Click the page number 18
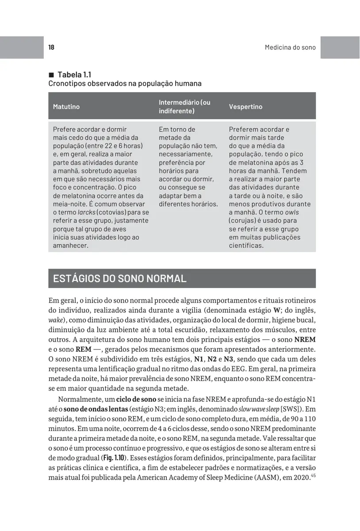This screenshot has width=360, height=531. point(51,47)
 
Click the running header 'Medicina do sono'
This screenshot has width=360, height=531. point(290,47)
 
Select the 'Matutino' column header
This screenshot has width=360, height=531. point(66,107)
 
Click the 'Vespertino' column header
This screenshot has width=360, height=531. point(245,107)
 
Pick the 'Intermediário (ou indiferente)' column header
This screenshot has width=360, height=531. point(184,107)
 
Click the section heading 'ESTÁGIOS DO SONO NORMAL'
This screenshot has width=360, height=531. point(119,279)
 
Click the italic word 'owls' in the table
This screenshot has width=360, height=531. point(292,212)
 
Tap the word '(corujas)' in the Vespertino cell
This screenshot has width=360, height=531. point(244,221)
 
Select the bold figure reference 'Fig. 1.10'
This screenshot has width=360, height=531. point(112,458)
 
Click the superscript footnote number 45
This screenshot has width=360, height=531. point(313,476)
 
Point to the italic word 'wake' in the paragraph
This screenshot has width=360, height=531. point(55,320)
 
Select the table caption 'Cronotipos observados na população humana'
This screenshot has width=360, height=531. point(125,84)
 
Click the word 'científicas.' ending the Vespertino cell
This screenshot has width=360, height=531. point(246,246)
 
